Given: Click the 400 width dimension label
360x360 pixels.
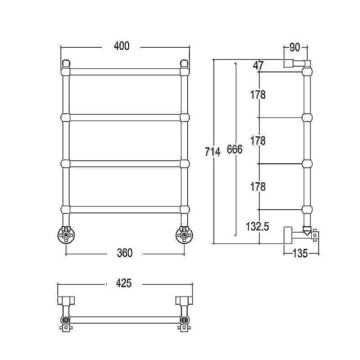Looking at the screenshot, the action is pos(121,46).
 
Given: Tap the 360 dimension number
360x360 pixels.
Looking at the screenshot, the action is pos(125,253).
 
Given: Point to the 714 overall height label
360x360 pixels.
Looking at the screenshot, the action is pos(212,152).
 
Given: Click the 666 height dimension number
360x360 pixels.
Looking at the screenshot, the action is pos(234,149).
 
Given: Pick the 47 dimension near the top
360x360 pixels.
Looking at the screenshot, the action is pos(258,66).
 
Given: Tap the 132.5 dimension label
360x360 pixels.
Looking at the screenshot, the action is pos(257,227).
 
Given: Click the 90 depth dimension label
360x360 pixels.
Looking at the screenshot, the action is pos(295,48).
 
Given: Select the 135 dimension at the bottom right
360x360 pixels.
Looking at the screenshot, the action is pos(300,253).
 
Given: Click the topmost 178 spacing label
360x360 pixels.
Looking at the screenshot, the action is pos(258,94).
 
